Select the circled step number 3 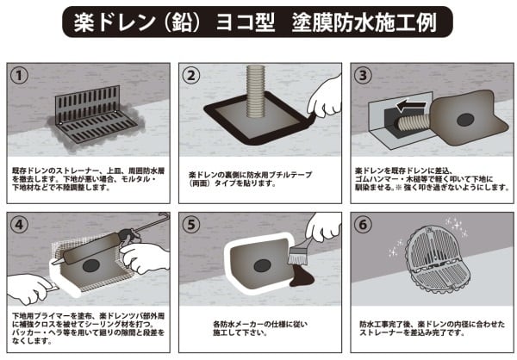pyautogui.click(x=366, y=75)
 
